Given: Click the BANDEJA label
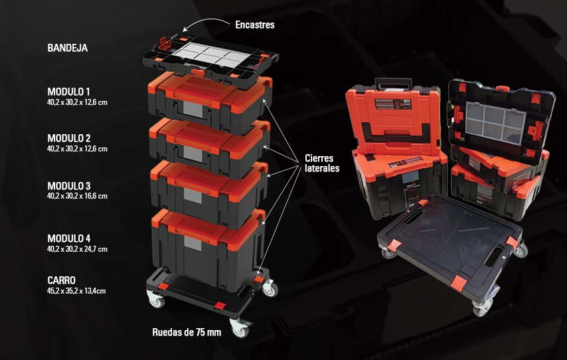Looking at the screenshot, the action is [x=67, y=48].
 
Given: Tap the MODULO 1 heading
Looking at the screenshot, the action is [x=68, y=92].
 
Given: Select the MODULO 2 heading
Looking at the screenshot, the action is [x=68, y=138].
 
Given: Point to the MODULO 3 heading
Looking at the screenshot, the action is [x=68, y=186].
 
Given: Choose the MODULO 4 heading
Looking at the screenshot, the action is [x=68, y=238].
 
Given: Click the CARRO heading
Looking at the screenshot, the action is [x=62, y=280].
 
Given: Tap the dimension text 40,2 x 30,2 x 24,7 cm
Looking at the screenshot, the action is [x=77, y=249].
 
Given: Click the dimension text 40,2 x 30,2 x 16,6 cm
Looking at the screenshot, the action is [x=77, y=196].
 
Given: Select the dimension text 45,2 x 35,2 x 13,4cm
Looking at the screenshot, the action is [x=76, y=291].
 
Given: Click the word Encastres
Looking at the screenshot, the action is [x=255, y=25].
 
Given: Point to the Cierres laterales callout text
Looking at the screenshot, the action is [x=322, y=163].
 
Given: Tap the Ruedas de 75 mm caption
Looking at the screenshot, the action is [x=187, y=332].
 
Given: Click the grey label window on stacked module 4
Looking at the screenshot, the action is [x=193, y=243].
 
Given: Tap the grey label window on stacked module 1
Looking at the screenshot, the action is [x=193, y=109].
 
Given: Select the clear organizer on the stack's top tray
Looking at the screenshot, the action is [x=211, y=55].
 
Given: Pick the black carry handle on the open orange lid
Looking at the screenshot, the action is [x=393, y=84].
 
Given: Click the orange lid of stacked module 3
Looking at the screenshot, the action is [x=208, y=181].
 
